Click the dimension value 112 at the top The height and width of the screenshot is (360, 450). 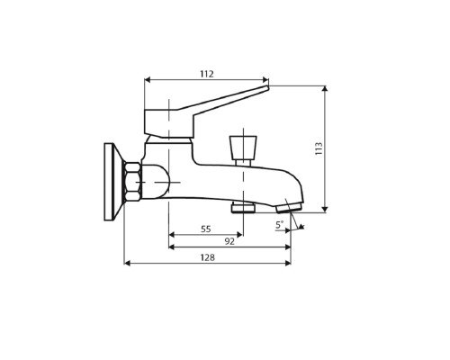[x=206, y=74]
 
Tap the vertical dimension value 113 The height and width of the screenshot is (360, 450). [x=318, y=149]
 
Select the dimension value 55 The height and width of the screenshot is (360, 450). [x=205, y=229]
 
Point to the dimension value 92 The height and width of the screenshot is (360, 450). [x=229, y=241]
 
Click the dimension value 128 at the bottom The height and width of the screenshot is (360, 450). [x=206, y=257]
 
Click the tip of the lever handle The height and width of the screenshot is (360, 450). [x=266, y=87]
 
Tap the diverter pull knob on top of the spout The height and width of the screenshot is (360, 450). [x=243, y=147]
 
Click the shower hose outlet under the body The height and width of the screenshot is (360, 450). [x=243, y=208]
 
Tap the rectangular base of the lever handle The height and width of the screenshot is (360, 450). [x=168, y=122]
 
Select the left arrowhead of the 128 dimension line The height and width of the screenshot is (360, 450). [x=127, y=263]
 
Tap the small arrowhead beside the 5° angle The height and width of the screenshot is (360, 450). [x=301, y=226]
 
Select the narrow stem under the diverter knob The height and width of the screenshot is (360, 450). [x=243, y=162]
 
